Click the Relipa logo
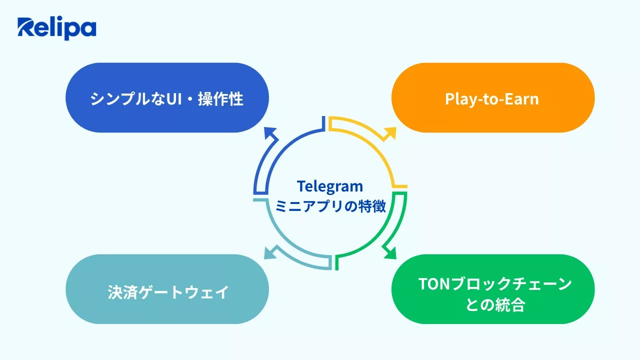56,28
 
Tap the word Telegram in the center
330,186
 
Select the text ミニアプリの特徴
330,206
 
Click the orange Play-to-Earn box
492,97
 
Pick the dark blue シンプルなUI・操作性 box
167,97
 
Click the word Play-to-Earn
492,98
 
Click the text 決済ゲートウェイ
168,292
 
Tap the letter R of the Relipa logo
26,28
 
